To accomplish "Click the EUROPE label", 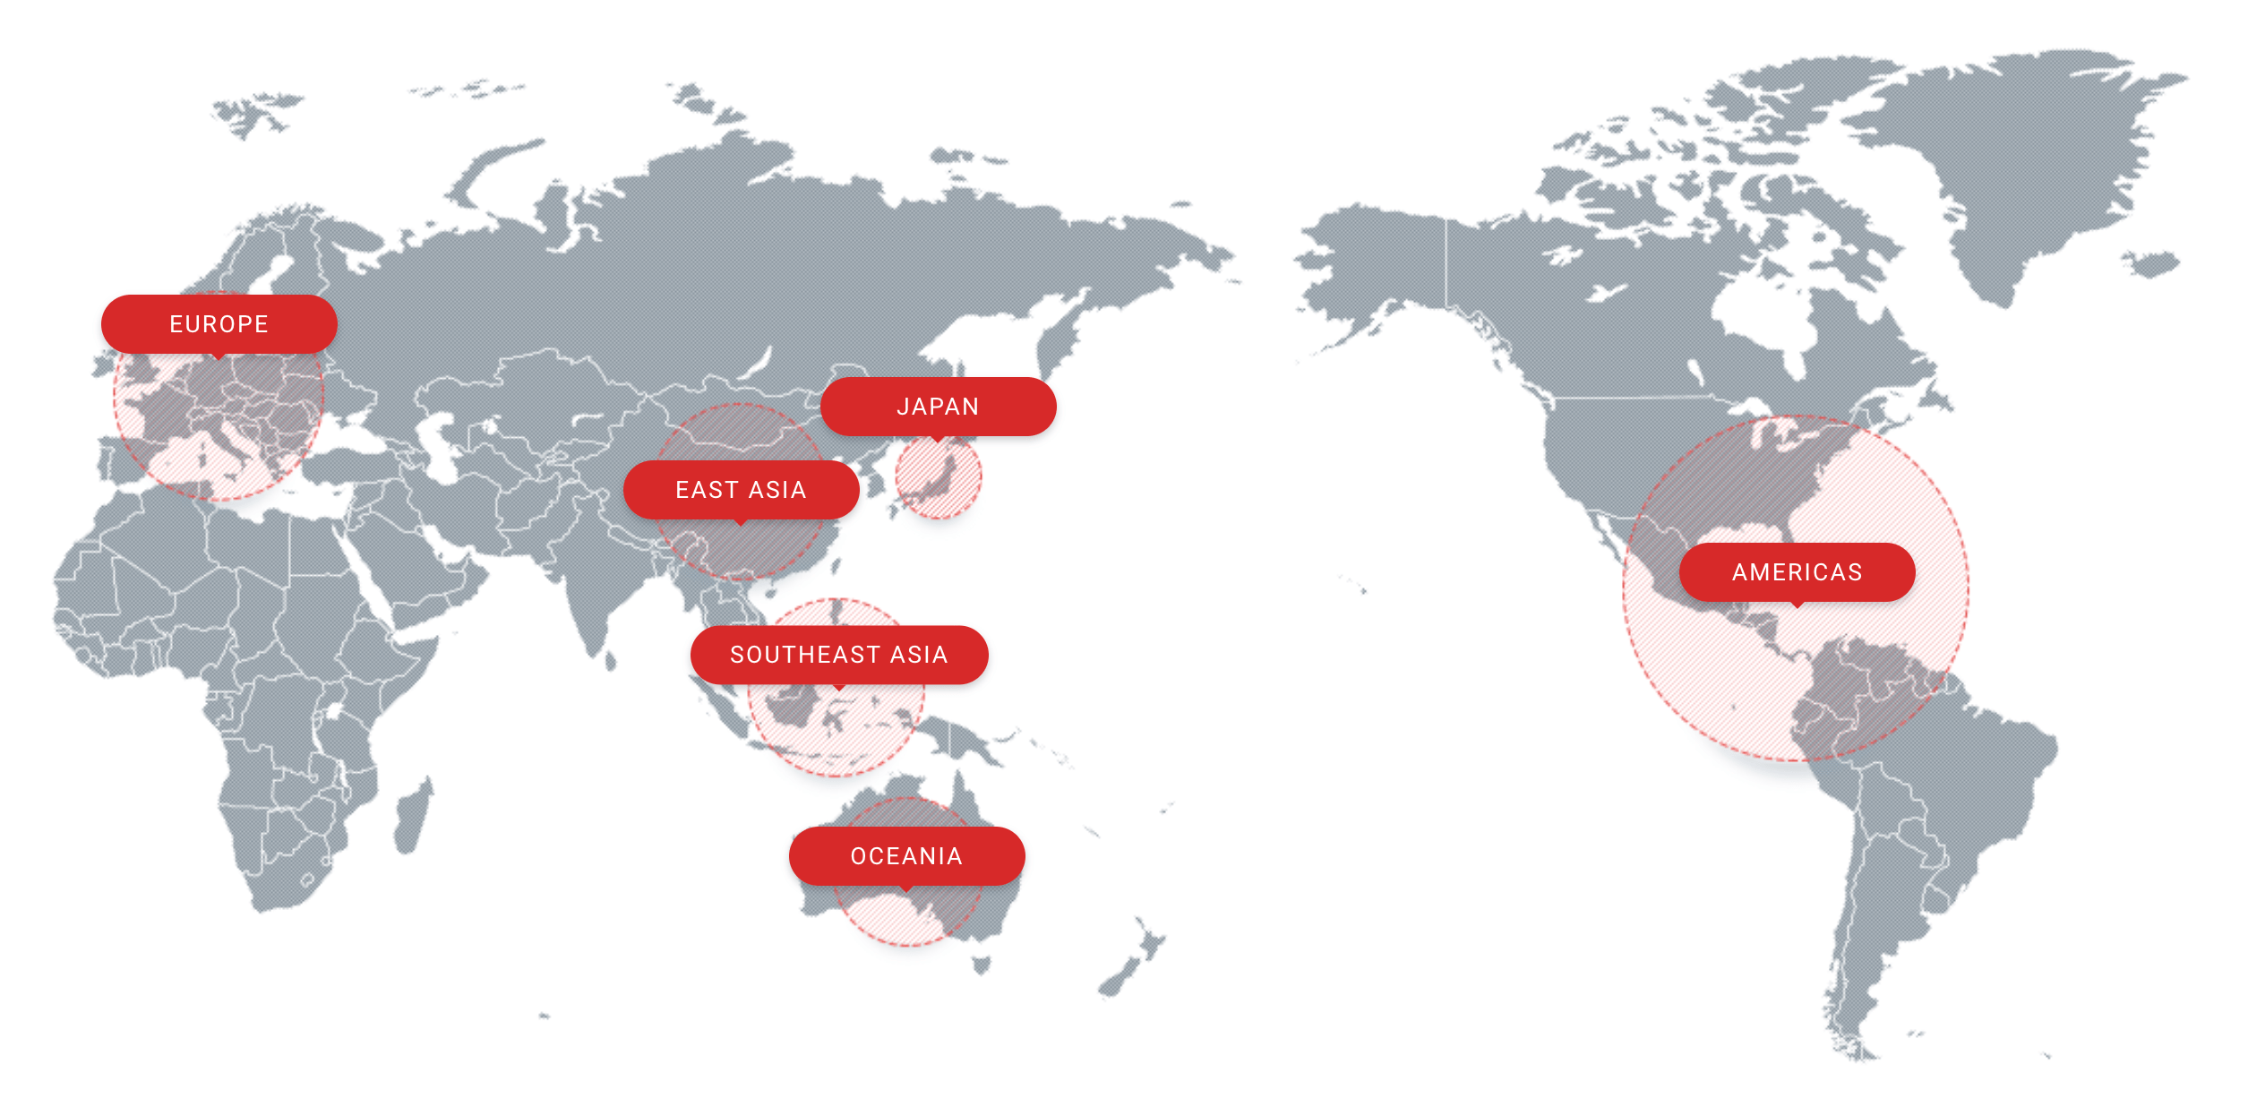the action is click(x=219, y=324).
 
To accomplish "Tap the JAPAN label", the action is click(x=938, y=407).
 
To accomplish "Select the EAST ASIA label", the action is click(x=741, y=490).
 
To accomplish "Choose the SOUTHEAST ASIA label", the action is click(x=838, y=655).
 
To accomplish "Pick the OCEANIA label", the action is click(x=906, y=856).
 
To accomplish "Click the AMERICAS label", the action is click(x=1797, y=572).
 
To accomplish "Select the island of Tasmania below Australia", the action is click(x=982, y=965).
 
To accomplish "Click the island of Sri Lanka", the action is click(x=611, y=661).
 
